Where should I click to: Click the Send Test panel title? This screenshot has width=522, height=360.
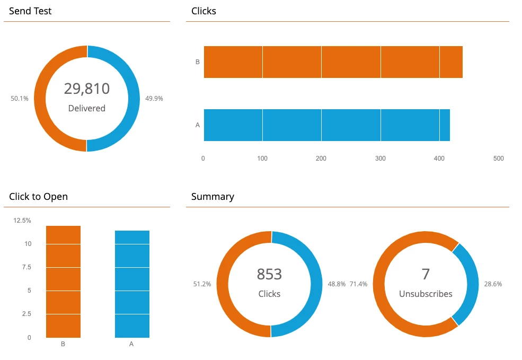tap(30, 11)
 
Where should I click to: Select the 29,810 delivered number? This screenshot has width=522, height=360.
tap(87, 89)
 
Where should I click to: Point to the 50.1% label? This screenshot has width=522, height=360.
tap(20, 99)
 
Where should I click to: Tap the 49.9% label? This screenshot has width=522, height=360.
tap(154, 99)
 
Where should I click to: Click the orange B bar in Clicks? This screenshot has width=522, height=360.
tap(333, 62)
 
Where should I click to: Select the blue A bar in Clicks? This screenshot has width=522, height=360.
tap(326, 125)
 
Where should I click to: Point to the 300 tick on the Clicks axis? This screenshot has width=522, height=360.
tap(380, 158)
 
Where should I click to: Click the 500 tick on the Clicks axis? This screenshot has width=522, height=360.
tap(498, 158)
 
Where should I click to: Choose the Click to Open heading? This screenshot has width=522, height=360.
tap(39, 197)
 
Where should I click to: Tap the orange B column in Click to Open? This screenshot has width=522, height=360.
tap(63, 282)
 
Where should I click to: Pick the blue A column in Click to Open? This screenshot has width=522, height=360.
tap(132, 284)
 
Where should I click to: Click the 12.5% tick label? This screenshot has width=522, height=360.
tap(23, 221)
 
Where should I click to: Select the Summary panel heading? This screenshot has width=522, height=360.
tap(213, 197)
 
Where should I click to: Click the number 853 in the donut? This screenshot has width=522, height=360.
tap(269, 274)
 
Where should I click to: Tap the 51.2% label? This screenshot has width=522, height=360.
tap(202, 284)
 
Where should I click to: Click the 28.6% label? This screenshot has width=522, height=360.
tap(493, 284)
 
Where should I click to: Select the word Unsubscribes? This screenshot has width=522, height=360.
tap(426, 294)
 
